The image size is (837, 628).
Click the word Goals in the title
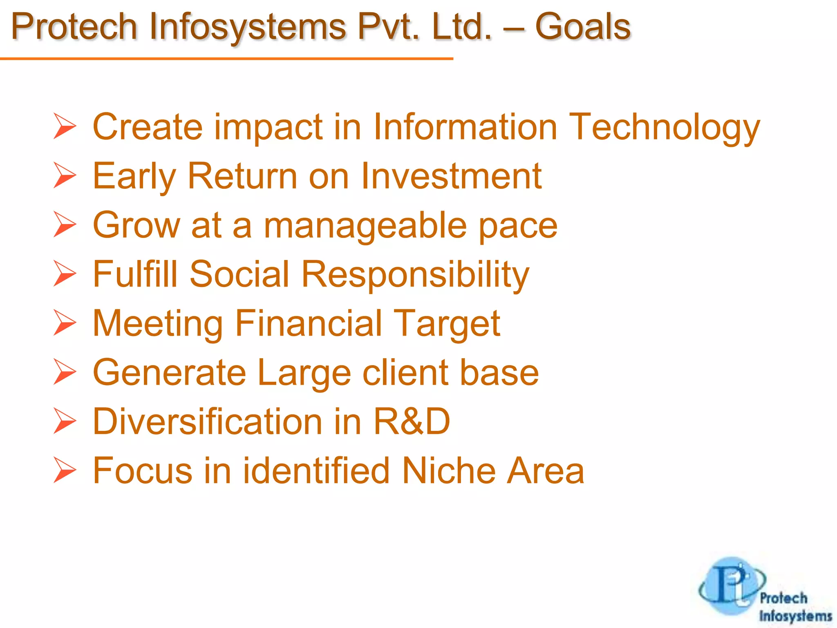click(583, 27)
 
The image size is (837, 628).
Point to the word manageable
click(365, 226)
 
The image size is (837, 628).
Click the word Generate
click(170, 372)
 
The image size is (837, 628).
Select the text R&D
click(412, 422)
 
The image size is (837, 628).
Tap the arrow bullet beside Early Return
click(65, 176)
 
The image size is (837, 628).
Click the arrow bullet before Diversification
click(65, 422)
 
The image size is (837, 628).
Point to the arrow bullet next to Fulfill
click(65, 274)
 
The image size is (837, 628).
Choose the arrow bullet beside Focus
click(65, 471)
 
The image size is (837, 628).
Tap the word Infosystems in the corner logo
click(795, 616)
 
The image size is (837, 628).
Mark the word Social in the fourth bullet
click(239, 274)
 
